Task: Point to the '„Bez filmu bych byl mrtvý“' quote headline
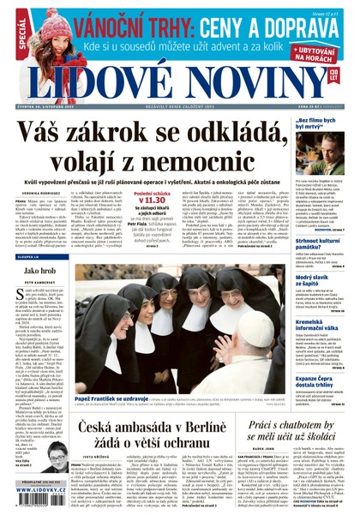(321, 127)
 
